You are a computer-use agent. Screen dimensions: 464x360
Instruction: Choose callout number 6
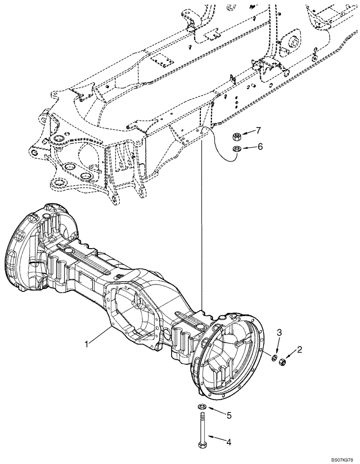coord(260,146)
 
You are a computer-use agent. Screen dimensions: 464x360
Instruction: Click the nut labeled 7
coord(236,136)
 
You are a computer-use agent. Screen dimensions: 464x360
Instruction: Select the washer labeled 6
coord(236,148)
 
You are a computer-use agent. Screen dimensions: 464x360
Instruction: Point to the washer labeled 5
coord(203,407)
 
